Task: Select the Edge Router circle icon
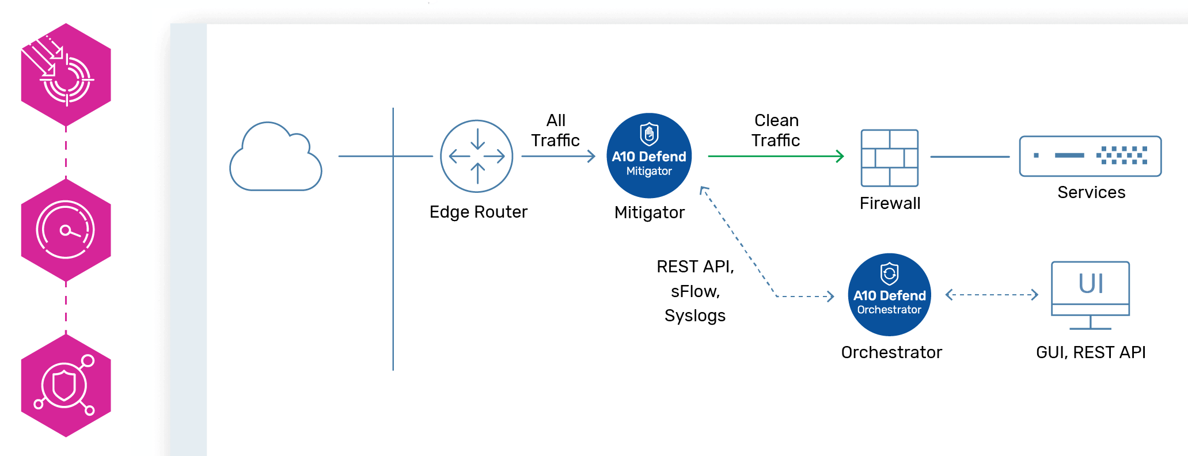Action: tap(476, 156)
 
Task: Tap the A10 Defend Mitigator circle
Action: tap(649, 155)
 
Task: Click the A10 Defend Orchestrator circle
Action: tap(889, 294)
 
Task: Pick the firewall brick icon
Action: tap(889, 158)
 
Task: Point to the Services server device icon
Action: tap(1090, 155)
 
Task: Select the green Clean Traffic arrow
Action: tap(775, 156)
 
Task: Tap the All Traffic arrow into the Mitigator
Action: tap(557, 156)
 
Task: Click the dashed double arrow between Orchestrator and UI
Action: tap(992, 295)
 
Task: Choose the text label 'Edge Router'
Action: tap(478, 212)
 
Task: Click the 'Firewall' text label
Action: tap(890, 203)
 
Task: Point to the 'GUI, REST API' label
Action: tap(1090, 352)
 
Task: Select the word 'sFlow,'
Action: tap(695, 291)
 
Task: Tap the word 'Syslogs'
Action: tap(694, 316)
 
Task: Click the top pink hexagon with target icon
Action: tap(66, 75)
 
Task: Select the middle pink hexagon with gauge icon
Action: tap(66, 230)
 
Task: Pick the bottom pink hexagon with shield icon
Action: tap(66, 386)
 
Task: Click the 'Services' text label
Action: tap(1091, 192)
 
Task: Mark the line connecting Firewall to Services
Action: tap(970, 157)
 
